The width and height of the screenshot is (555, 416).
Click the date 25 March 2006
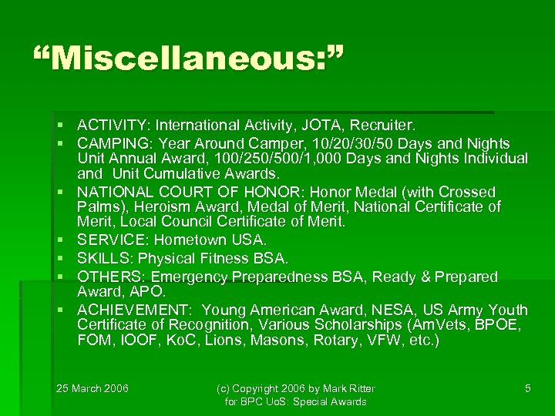[x=92, y=387]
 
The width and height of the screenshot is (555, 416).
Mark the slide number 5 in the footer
[x=527, y=388]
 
